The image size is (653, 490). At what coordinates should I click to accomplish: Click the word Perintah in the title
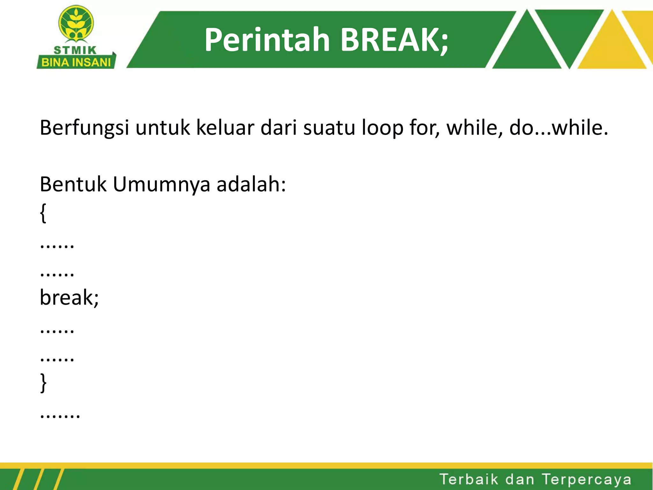267,40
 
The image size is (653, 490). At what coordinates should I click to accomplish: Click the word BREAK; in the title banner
394,40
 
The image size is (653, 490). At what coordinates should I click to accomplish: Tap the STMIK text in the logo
75,50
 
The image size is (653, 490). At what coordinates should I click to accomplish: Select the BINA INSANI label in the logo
76,62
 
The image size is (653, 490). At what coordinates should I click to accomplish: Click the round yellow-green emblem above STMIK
76,23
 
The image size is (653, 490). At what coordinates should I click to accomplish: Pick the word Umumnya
161,185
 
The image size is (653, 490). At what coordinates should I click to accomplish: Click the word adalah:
251,184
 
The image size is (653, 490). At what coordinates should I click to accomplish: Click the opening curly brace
43,213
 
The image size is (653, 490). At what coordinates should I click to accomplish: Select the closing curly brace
43,382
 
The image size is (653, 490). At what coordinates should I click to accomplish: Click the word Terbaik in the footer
469,479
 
